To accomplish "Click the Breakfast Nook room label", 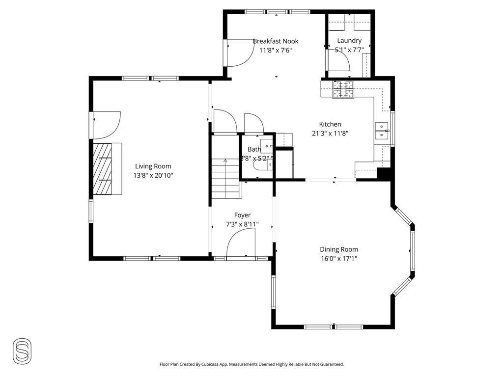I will [x=276, y=41].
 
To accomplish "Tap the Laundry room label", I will [x=349, y=41].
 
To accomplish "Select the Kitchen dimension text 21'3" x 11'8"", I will [x=330, y=133].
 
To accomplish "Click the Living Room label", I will [x=153, y=166].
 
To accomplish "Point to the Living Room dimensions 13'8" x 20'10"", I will [x=153, y=175].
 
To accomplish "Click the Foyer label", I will [x=242, y=215].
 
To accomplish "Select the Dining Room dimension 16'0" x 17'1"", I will [x=339, y=258].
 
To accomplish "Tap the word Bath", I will [x=254, y=149].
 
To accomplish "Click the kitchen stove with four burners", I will [x=343, y=90].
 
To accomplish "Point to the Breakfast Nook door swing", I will [x=238, y=53].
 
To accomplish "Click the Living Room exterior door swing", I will [x=106, y=125].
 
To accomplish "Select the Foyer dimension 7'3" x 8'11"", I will [x=242, y=224].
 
